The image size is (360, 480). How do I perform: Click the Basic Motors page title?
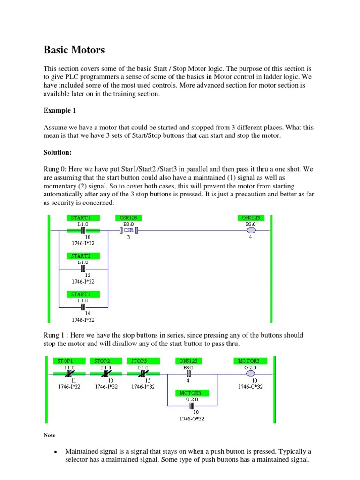(74, 50)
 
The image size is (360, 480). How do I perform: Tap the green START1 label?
(81, 218)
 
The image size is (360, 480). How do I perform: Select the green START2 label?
(81, 256)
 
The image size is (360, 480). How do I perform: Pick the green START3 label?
(81, 294)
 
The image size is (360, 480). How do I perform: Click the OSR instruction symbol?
(129, 231)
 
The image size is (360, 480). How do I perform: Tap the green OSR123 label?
(129, 218)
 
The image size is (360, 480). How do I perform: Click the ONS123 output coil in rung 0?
(251, 231)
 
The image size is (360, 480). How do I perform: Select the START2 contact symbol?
(82, 269)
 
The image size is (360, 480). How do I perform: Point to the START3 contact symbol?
(82, 307)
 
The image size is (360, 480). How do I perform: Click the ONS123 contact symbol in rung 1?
(188, 374)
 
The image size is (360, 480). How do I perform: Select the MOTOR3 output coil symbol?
(251, 374)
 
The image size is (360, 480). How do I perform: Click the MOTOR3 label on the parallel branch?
(193, 393)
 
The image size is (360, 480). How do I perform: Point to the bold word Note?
(49, 435)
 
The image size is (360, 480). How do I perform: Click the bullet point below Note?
(56, 451)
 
